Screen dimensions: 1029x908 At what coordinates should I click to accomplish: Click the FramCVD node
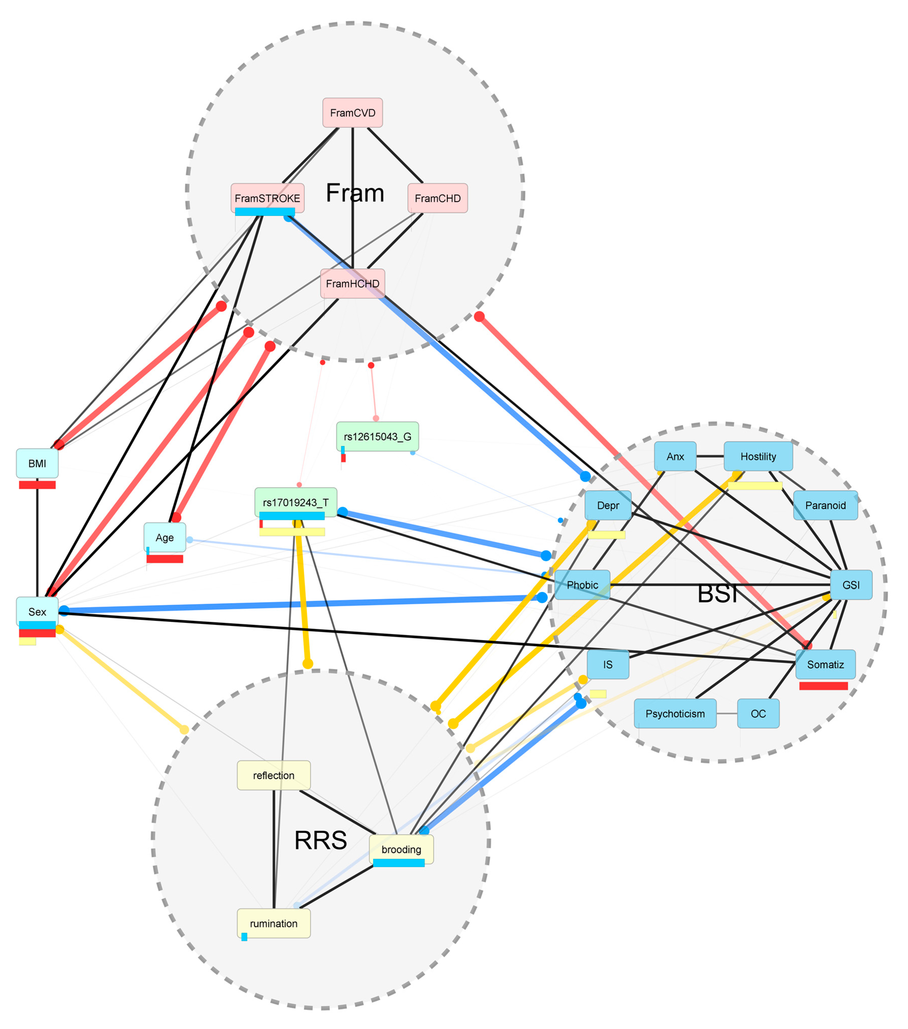(x=352, y=113)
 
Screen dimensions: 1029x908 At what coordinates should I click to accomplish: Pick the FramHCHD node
(x=352, y=284)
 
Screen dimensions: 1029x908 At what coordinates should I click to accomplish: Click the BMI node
(x=37, y=463)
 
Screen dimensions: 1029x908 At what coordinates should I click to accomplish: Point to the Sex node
(x=37, y=612)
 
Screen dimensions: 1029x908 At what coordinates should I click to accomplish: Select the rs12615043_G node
(x=378, y=436)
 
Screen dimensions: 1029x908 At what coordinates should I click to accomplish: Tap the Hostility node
(x=758, y=456)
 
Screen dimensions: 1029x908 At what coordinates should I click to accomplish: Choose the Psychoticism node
(x=675, y=713)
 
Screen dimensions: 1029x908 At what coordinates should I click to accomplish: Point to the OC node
(x=758, y=713)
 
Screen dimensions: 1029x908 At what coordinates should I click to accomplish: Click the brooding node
(x=401, y=849)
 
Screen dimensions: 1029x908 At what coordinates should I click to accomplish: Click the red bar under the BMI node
(x=37, y=485)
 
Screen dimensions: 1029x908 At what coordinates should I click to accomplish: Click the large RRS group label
(x=321, y=840)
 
